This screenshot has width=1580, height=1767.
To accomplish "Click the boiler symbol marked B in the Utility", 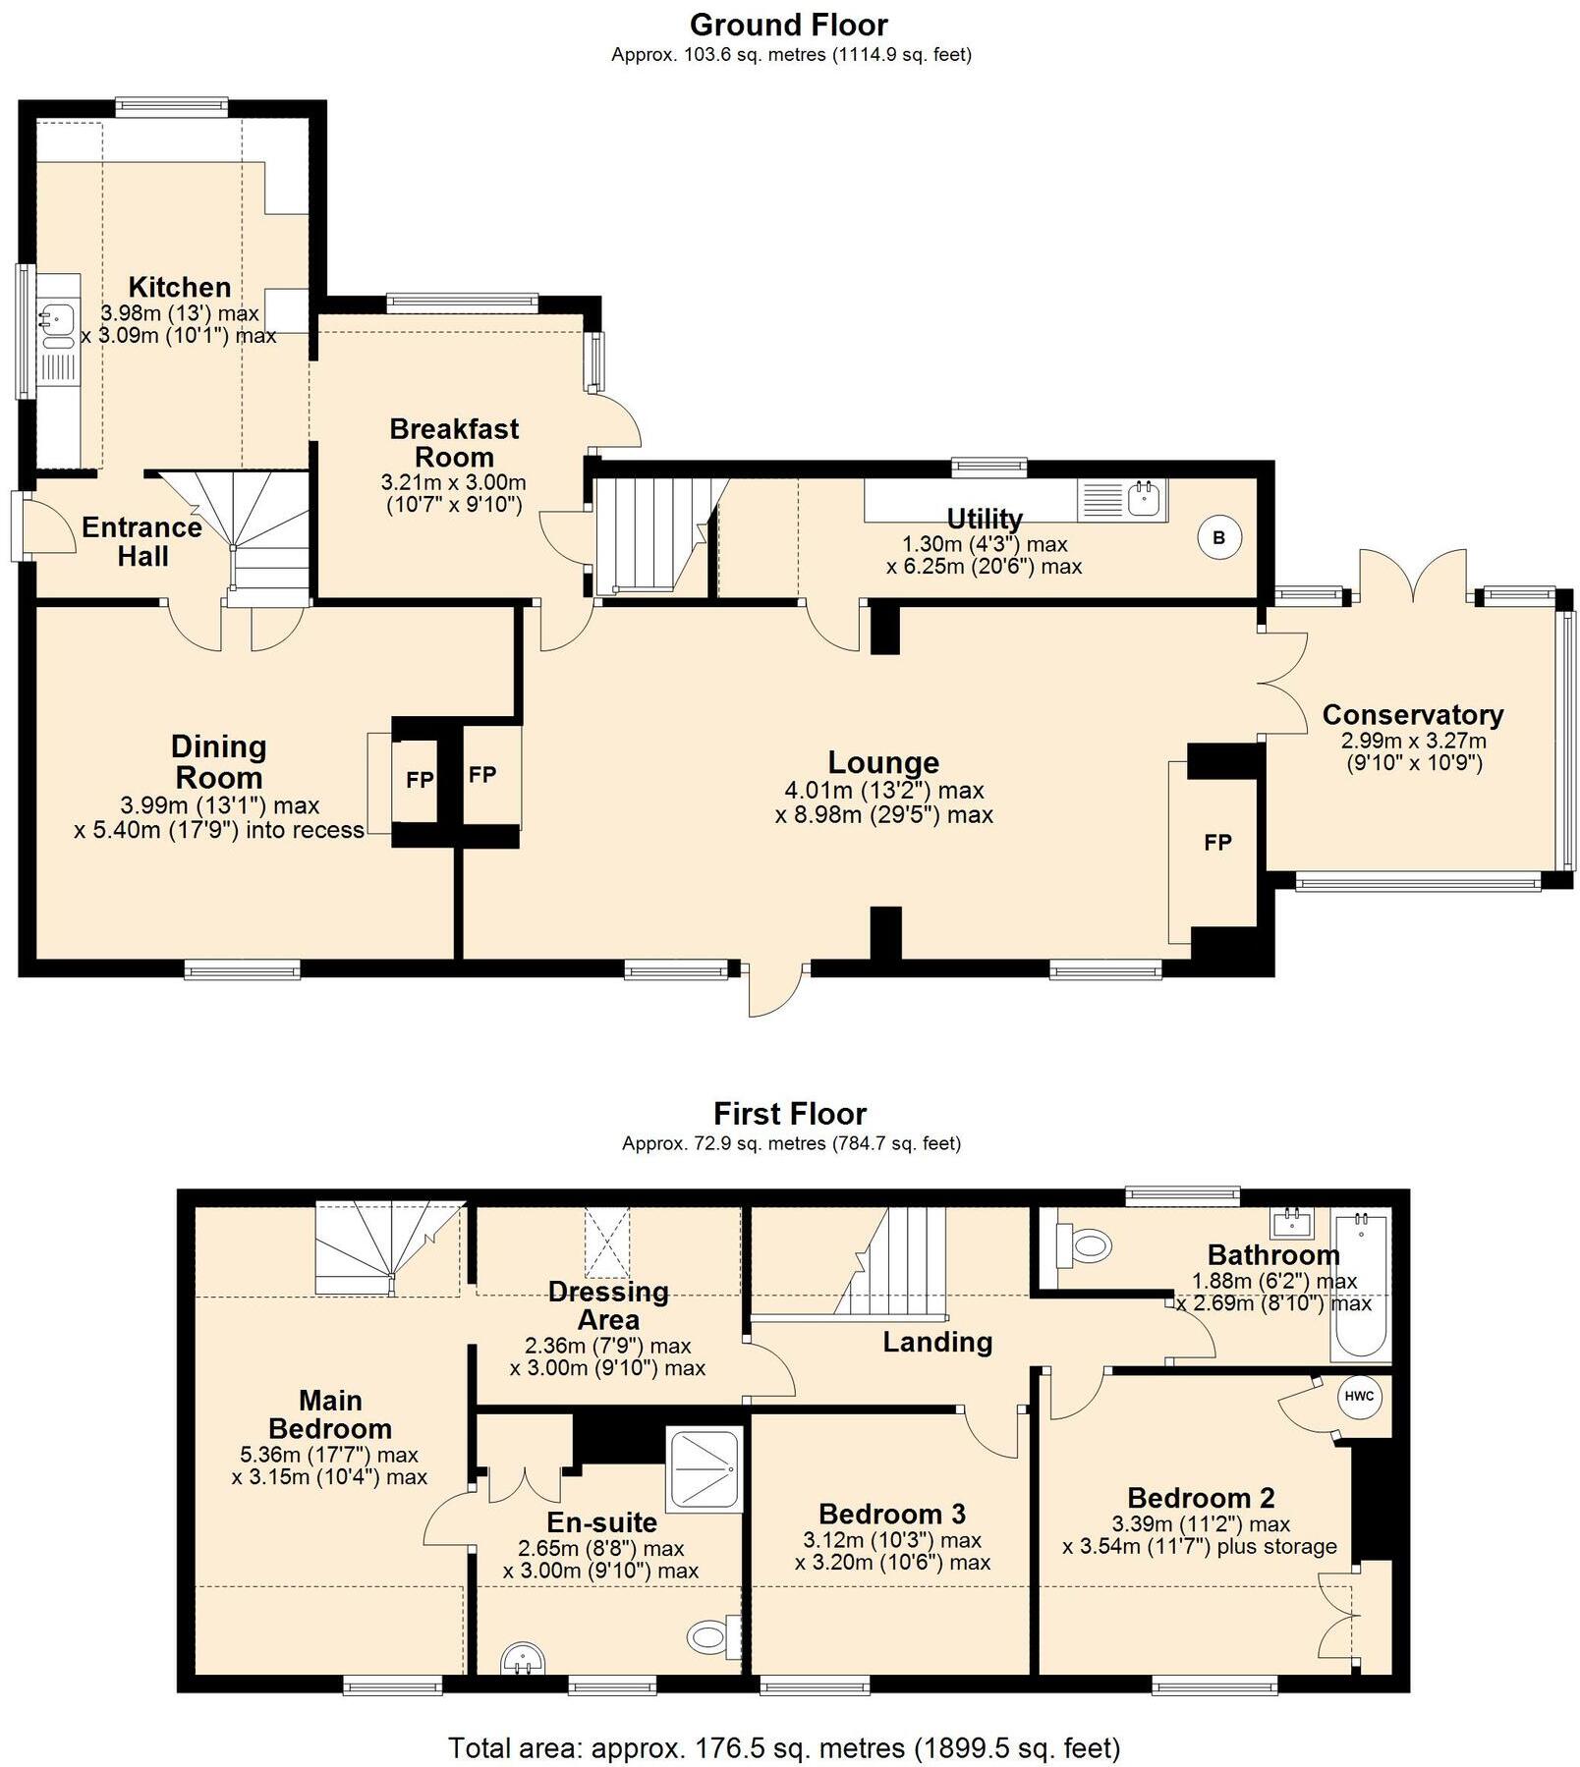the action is (x=1219, y=537).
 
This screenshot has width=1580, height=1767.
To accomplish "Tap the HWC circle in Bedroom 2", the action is (x=1359, y=1397).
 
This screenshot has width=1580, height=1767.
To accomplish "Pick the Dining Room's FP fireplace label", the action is (x=420, y=780).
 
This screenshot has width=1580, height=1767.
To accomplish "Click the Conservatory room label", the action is (x=1413, y=714).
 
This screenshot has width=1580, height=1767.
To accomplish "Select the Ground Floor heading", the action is (x=789, y=25).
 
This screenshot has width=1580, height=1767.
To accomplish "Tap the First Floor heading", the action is (x=790, y=1114).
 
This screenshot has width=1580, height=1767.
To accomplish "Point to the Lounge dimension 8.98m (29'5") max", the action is (x=884, y=814).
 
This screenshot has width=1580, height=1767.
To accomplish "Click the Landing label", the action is (x=937, y=1342).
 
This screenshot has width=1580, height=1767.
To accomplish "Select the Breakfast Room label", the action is (x=454, y=442).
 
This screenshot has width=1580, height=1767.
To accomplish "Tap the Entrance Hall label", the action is (x=142, y=541).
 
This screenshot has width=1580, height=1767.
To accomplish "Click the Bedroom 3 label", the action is (x=892, y=1514).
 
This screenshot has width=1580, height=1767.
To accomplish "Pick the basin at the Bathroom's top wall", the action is (x=1294, y=1224).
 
